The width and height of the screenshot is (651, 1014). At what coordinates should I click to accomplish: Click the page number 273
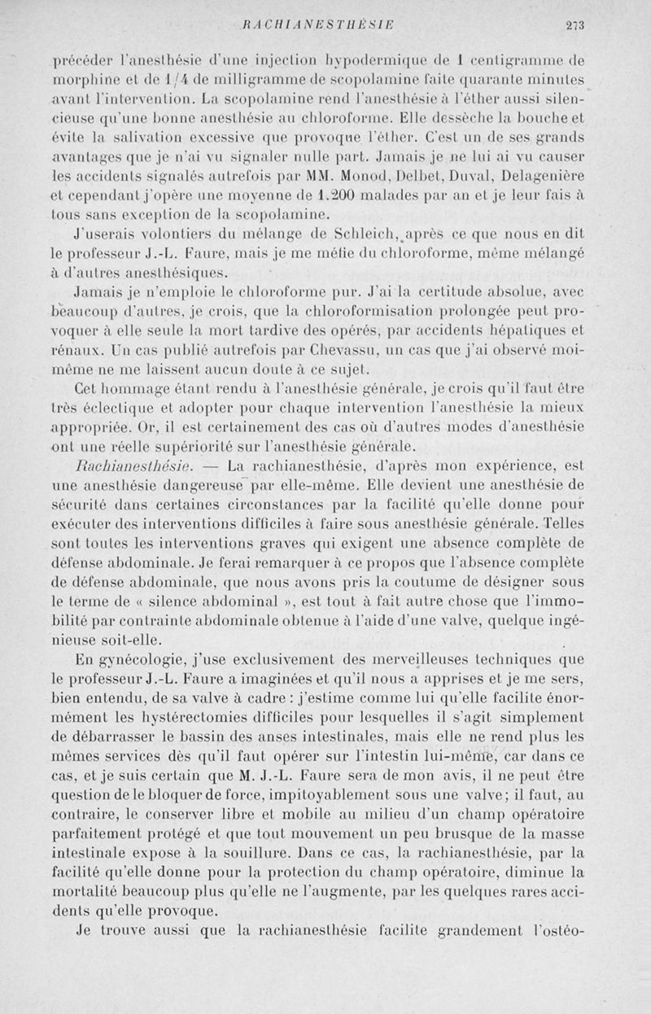click(576, 25)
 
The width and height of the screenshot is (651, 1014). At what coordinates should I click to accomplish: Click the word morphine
click(80, 80)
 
